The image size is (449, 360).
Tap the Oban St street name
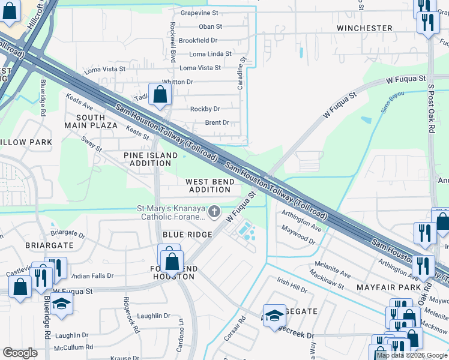(210, 26)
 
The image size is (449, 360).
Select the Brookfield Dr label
(197, 40)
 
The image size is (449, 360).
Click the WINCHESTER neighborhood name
(364, 28)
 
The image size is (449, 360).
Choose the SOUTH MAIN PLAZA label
(96, 121)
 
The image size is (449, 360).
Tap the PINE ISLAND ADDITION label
(151, 160)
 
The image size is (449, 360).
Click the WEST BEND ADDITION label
(208, 185)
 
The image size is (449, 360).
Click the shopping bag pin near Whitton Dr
(160, 94)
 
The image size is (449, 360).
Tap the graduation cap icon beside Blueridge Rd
(61, 304)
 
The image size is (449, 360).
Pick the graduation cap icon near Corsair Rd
(274, 314)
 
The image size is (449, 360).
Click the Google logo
(20, 353)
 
